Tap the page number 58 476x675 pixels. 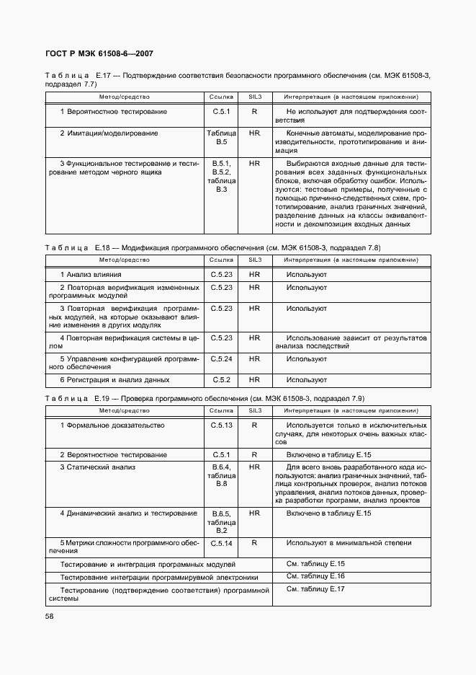click(x=49, y=616)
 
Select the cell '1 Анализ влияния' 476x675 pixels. click(x=91, y=275)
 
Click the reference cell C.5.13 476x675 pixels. click(x=222, y=425)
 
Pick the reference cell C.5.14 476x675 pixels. click(x=222, y=543)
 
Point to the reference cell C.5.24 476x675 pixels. click(x=222, y=358)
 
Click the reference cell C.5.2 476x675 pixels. click(x=222, y=379)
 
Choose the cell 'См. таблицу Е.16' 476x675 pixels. click(x=315, y=576)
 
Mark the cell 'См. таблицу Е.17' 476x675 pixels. click(x=315, y=589)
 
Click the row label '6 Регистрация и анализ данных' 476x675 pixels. click(x=114, y=379)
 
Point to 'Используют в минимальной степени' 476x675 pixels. click(x=349, y=543)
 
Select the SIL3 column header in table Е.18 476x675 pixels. click(x=255, y=259)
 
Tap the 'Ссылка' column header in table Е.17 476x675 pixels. click(x=222, y=96)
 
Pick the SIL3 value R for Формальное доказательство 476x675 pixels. click(x=255, y=425)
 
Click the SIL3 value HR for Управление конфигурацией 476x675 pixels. click(x=255, y=358)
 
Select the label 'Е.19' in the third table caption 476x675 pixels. click(x=102, y=398)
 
